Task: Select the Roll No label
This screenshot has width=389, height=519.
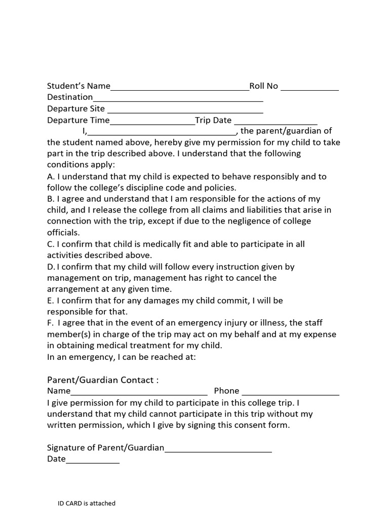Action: point(263,86)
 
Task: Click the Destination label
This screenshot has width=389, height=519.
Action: point(70,97)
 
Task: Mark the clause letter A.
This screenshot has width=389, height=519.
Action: point(50,176)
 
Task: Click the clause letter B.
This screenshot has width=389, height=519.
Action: point(50,199)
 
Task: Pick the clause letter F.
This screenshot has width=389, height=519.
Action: point(50,323)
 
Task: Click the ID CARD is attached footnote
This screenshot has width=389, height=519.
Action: point(86,503)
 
